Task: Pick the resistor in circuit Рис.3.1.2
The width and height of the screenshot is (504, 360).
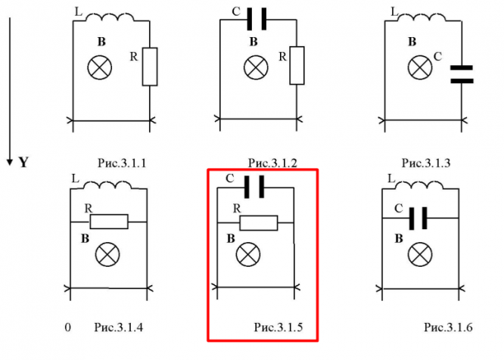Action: (x=296, y=66)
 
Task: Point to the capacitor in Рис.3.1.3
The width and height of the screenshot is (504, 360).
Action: (x=461, y=73)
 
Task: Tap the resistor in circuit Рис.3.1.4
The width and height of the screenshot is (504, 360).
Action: (x=109, y=222)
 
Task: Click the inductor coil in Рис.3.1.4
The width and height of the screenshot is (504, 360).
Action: (x=110, y=186)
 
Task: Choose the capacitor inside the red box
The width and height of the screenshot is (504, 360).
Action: (x=257, y=186)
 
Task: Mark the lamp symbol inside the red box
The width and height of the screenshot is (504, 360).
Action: (x=245, y=256)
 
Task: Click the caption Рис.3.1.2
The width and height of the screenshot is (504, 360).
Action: (x=272, y=163)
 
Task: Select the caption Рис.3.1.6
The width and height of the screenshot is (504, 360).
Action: (x=448, y=327)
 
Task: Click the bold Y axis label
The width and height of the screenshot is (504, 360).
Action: (x=23, y=162)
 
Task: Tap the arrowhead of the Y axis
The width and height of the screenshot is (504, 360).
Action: (x=9, y=160)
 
